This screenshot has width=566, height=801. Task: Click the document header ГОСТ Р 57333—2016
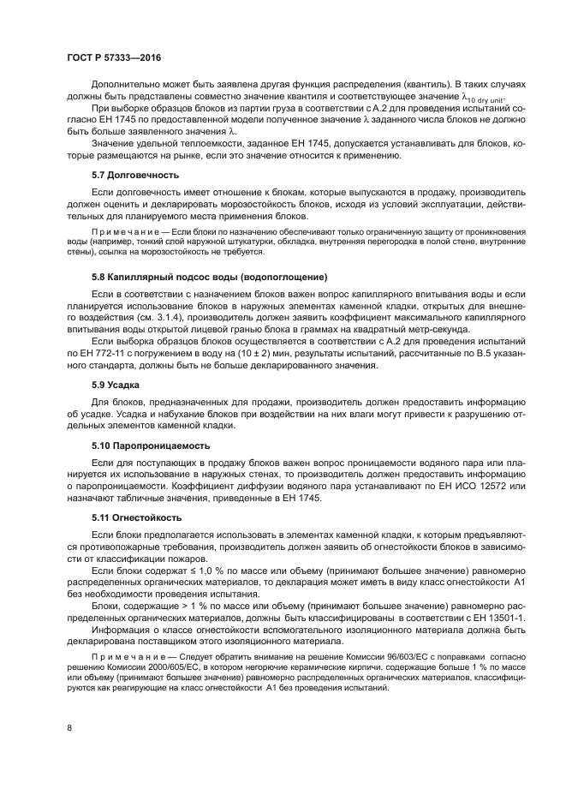click(114, 57)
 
